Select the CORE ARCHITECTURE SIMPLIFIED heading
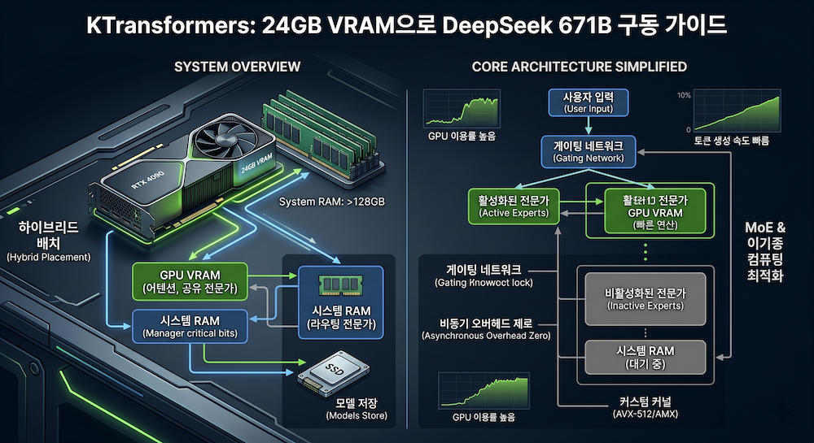point(579,67)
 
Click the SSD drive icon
point(329,376)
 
